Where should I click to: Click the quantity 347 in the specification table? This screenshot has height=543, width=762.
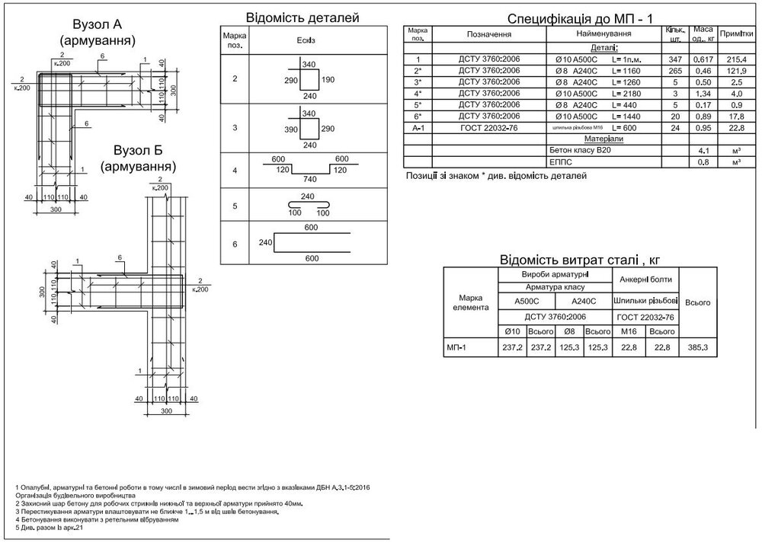pyautogui.click(x=673, y=59)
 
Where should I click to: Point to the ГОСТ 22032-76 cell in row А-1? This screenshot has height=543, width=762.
pyautogui.click(x=490, y=127)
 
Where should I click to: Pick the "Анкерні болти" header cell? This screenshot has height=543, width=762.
pyautogui.click(x=644, y=279)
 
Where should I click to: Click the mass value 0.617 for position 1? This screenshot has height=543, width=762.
pyautogui.click(x=703, y=59)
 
